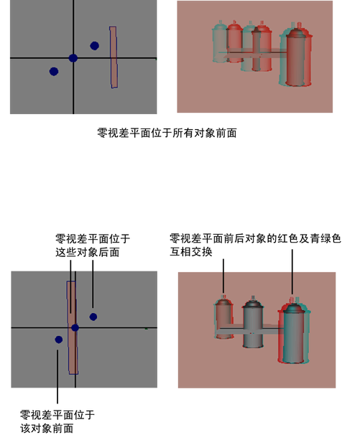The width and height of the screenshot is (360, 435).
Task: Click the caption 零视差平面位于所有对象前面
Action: coord(167,134)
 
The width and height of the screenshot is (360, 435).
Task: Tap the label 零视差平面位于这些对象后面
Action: coord(93,245)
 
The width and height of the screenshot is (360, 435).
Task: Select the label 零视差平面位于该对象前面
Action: coord(57,421)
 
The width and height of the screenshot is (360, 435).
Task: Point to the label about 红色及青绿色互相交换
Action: coord(255,245)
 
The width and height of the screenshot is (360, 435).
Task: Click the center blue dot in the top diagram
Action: coord(73,58)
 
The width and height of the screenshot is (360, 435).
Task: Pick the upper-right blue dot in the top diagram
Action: coord(94,46)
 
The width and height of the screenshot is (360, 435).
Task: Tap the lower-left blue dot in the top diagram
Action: coord(54,72)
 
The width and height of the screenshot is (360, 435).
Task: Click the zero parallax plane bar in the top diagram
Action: coord(114,57)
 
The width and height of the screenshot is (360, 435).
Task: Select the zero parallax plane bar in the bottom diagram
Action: coord(73,327)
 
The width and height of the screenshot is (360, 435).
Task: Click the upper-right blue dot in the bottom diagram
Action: coord(93,317)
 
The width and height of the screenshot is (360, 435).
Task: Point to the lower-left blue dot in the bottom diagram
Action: coord(59,340)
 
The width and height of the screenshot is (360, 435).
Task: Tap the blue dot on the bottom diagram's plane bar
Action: coord(75,327)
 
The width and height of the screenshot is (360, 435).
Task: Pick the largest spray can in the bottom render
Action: coord(294,332)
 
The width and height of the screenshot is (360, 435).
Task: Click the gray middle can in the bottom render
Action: coord(253,322)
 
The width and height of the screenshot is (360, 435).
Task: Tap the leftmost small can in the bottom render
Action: coord(223,318)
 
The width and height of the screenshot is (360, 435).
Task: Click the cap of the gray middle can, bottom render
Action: coord(253,301)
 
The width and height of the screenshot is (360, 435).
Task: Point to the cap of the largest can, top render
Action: coord(297,31)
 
